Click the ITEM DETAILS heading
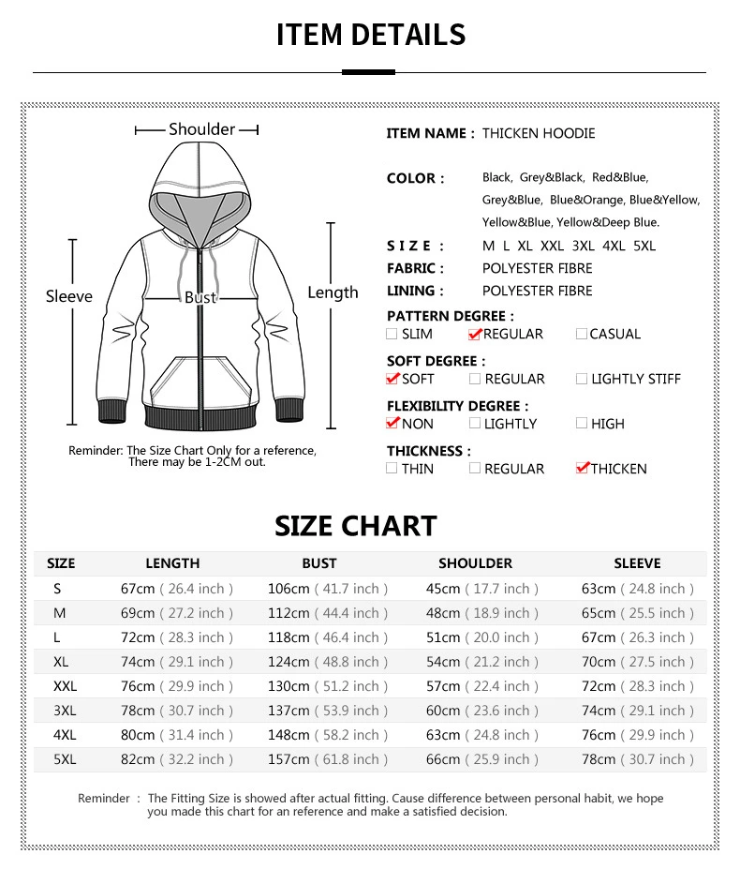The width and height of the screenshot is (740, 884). (x=370, y=35)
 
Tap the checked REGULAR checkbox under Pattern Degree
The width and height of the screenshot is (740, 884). (x=475, y=334)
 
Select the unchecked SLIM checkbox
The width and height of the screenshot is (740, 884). (x=392, y=334)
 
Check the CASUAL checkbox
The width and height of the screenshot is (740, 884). (x=582, y=334)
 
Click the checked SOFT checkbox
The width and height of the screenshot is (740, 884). (x=392, y=379)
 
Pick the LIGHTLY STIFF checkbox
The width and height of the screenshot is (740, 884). (x=582, y=379)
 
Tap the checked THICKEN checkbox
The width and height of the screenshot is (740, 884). (x=583, y=468)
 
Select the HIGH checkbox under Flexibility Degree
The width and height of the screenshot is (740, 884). (x=582, y=424)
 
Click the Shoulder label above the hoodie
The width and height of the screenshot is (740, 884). (x=201, y=129)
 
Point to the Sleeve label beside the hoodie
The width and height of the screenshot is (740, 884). (x=69, y=296)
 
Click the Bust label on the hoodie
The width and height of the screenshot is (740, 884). (x=200, y=297)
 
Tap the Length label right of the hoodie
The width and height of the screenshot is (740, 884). (x=333, y=292)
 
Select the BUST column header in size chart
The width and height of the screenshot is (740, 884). (x=318, y=563)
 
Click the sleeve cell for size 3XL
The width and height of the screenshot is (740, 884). (x=638, y=711)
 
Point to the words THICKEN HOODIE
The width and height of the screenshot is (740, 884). (x=539, y=133)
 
